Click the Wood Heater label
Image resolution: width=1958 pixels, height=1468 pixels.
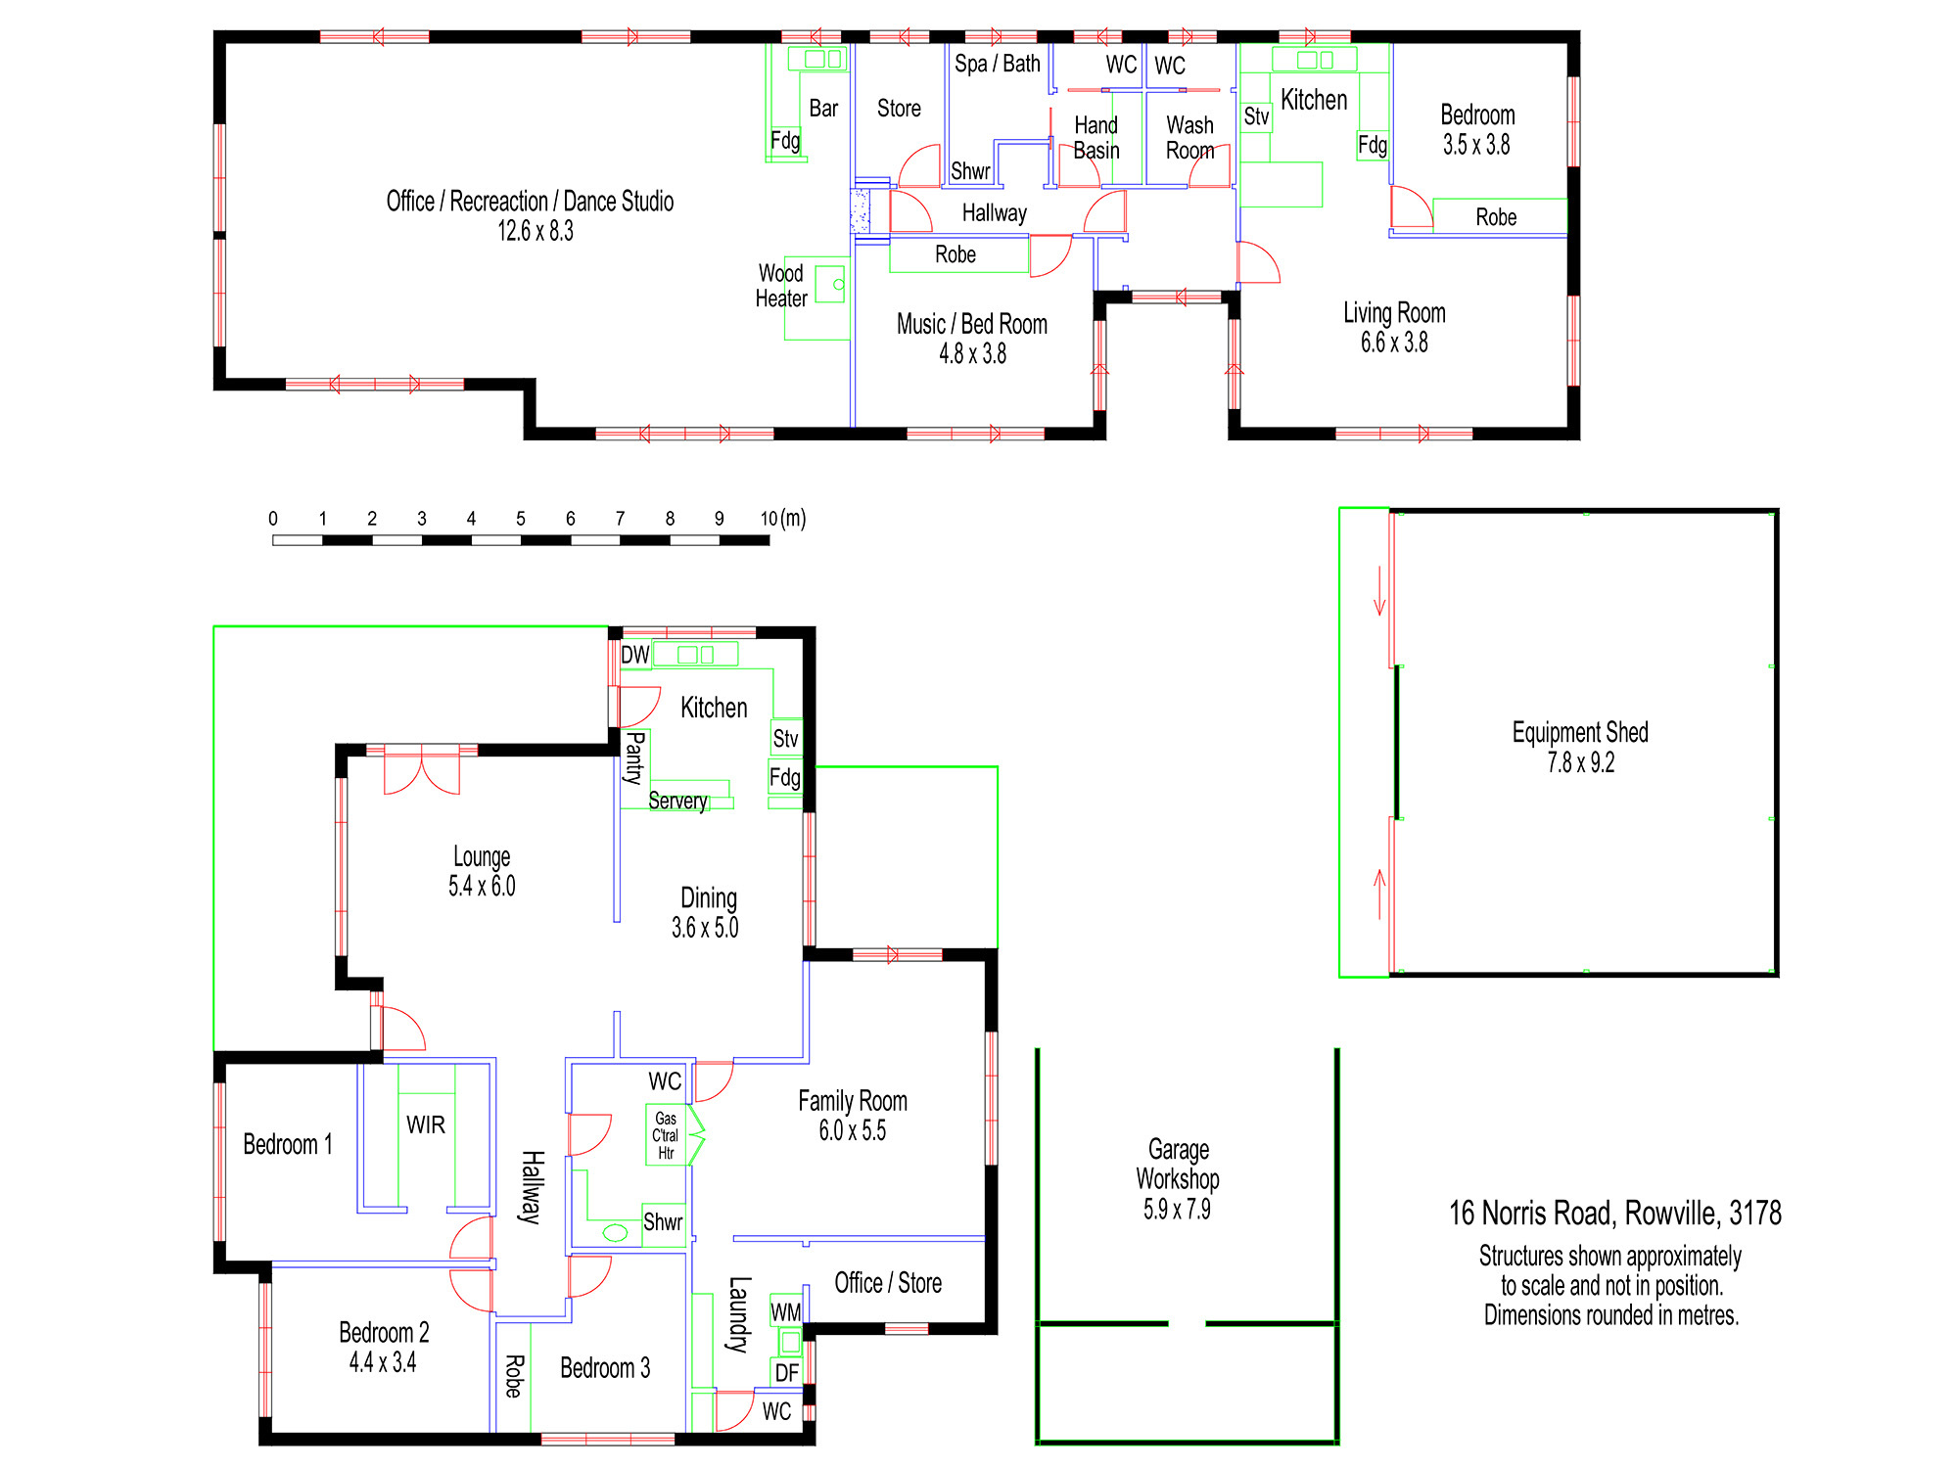781,286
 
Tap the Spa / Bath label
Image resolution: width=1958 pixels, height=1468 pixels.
998,64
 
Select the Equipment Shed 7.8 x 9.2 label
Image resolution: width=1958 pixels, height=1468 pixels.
1580,747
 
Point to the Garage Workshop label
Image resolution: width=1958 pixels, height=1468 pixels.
1178,1164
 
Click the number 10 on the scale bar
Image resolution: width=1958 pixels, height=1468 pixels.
769,519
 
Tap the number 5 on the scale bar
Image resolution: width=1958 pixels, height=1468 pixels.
521,519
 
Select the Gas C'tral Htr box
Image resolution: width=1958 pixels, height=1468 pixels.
666,1135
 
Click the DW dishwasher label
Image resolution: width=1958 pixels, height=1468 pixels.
635,655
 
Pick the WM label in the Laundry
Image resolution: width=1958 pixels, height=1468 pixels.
786,1311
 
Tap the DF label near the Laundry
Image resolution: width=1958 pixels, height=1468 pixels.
787,1373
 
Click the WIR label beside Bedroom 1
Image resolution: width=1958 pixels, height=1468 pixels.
426,1124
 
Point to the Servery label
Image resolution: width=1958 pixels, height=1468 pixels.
677,801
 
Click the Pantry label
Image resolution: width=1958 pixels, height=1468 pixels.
634,757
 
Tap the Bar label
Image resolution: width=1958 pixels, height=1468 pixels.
823,109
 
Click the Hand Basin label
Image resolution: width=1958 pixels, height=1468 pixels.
1096,138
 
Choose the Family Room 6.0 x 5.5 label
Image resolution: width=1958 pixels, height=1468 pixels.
853,1116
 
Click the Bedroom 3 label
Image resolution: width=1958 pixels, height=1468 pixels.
605,1368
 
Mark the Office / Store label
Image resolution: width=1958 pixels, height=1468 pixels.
888,1283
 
